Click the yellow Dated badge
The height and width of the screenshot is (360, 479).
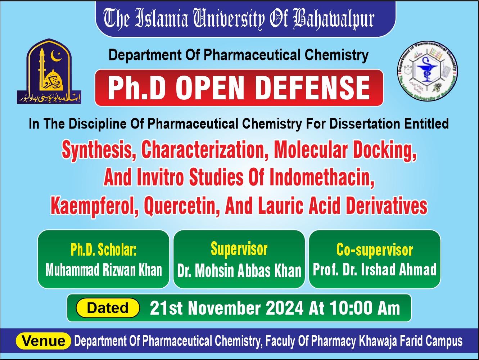tap(108, 308)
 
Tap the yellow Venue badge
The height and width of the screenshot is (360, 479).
tap(43, 341)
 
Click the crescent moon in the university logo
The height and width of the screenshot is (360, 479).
tap(55, 56)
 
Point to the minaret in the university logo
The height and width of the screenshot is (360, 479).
tap(42, 70)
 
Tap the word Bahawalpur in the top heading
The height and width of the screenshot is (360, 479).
tap(334, 19)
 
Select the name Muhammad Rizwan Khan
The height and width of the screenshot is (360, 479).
tap(104, 270)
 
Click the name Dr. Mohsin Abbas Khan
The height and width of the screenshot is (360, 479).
tap(239, 271)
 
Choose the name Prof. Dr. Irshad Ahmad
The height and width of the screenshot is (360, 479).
tap(375, 269)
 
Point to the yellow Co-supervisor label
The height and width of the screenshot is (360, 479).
tap(375, 250)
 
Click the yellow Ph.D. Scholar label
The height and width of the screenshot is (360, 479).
tap(103, 249)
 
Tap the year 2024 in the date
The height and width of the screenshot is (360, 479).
tap(285, 308)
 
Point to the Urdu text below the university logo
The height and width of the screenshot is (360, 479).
tap(49, 98)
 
